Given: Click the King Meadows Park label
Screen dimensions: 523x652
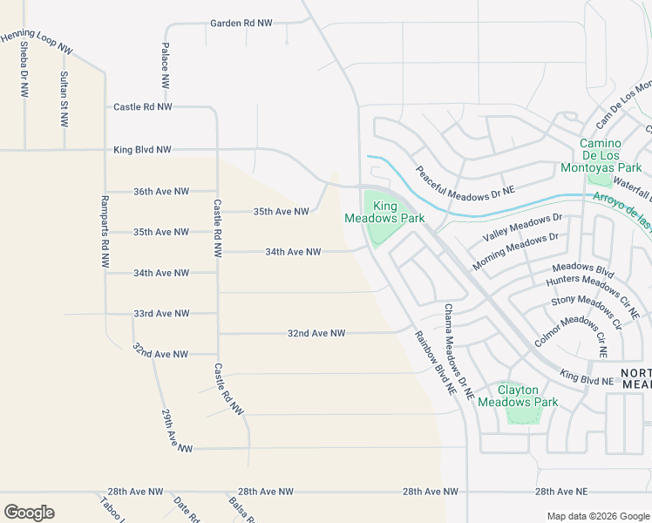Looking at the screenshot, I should coord(384,212).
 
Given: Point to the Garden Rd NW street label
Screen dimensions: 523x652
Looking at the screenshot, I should coord(241,23).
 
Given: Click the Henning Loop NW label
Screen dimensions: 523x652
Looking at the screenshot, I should coord(36,41).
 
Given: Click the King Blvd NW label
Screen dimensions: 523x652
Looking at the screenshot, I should coord(142,150).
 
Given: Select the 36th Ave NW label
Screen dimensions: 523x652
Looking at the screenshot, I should coord(161,191).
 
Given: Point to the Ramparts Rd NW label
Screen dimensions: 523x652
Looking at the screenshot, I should coord(104,231).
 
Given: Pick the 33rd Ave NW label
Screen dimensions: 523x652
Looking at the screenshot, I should coord(161,313).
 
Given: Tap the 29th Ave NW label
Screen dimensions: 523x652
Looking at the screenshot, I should coord(176,431).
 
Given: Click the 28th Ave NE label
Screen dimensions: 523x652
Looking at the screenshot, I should coord(561,492).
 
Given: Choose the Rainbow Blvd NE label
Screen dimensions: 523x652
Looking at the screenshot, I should coord(435,365).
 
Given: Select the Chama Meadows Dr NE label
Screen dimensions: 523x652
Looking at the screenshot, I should coord(458,352).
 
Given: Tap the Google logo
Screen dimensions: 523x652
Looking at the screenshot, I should coord(29,512).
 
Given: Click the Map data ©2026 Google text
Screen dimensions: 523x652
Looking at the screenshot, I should coord(597,516).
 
